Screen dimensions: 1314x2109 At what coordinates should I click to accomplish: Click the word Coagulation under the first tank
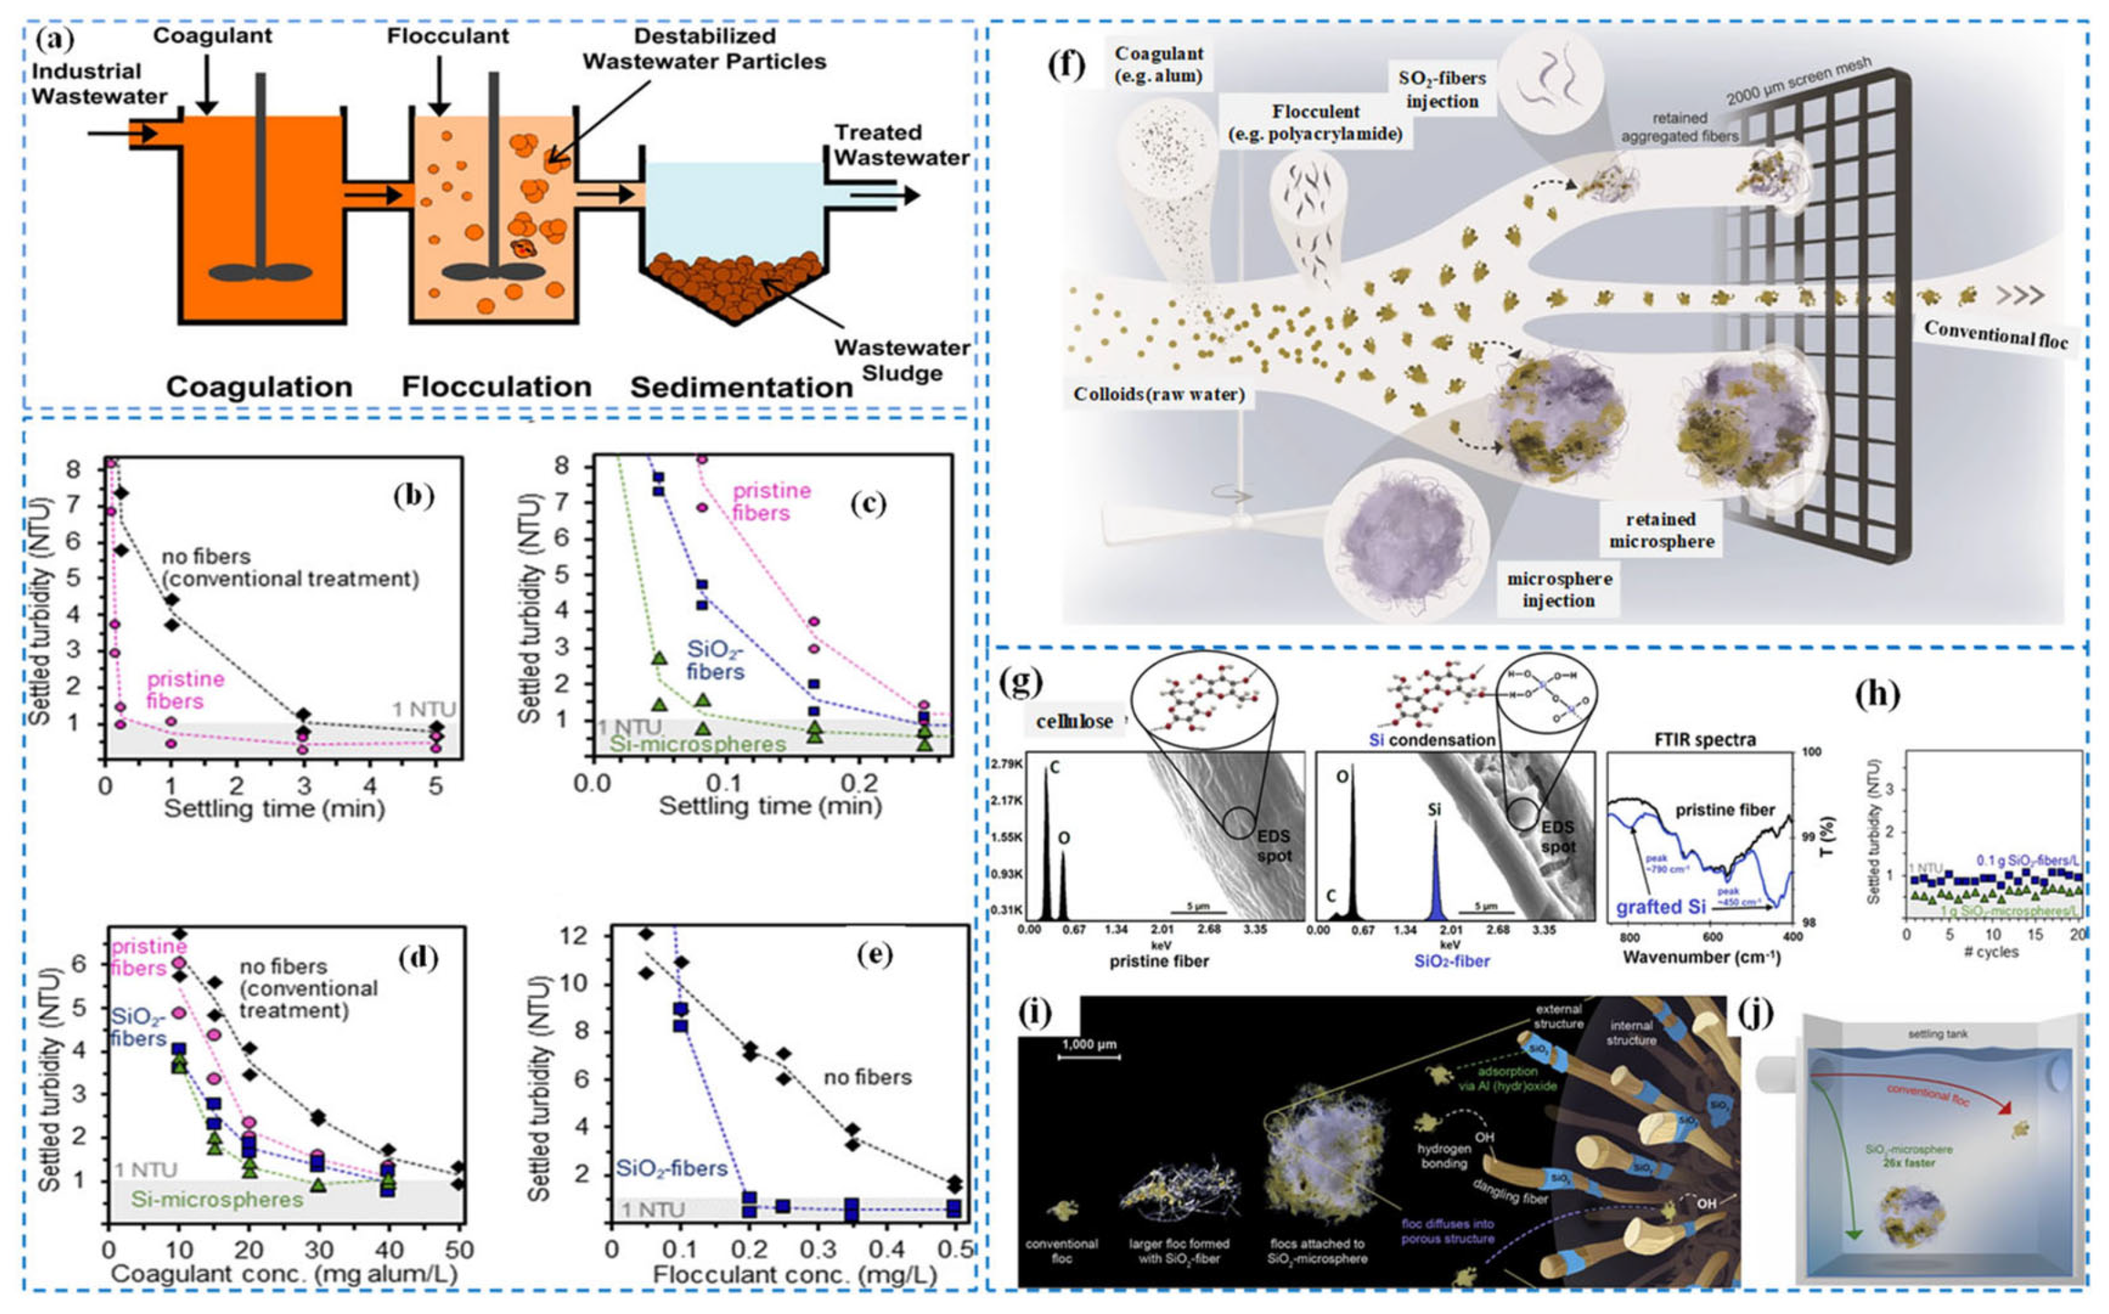point(259,387)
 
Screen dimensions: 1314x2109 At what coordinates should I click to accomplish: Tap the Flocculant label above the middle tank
point(448,36)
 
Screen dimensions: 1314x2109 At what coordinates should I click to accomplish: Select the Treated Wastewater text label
point(901,145)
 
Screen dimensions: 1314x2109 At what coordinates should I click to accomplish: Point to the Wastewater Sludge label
point(901,360)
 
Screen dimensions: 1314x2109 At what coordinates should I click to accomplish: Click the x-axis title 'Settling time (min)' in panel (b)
point(274,809)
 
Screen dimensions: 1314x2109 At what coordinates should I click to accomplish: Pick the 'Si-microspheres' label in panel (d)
point(216,1200)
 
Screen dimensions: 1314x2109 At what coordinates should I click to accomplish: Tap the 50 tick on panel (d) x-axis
point(459,1249)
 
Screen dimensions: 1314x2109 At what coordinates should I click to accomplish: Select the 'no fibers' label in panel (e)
point(866,1078)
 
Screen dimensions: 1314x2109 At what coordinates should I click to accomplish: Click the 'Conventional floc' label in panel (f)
point(1995,335)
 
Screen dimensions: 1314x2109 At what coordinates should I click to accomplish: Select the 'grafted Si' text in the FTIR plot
point(1661,906)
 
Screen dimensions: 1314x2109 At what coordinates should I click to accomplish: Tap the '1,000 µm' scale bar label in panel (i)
point(1088,1044)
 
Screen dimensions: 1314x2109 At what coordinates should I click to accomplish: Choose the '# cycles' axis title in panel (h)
point(1991,952)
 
